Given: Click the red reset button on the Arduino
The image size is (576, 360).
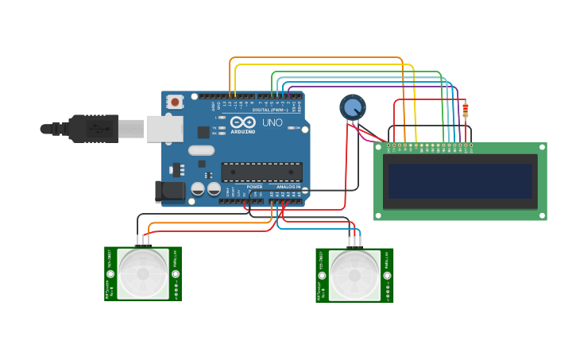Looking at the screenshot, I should click(x=174, y=102).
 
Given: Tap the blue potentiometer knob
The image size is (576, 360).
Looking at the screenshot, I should click(x=353, y=106).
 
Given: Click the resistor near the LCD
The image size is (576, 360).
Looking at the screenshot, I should click(x=465, y=110).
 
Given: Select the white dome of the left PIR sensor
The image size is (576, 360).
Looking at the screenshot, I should click(x=143, y=274).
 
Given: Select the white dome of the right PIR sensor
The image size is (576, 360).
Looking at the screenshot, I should click(x=354, y=275).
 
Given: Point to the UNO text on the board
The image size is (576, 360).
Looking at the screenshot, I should click(x=272, y=123).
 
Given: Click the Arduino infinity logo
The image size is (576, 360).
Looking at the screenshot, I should click(x=244, y=122).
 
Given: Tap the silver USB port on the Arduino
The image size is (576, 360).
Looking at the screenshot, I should click(x=164, y=129).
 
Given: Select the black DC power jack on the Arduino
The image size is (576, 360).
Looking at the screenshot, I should click(x=170, y=191).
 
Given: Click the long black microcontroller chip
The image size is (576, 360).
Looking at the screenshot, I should click(x=261, y=172).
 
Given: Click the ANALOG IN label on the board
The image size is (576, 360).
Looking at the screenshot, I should click(x=288, y=187).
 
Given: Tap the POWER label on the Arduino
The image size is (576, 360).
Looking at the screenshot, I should click(x=254, y=187).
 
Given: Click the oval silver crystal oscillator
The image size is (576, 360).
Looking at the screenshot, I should click(x=202, y=150).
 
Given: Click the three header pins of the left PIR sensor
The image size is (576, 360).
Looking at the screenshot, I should click(x=143, y=240).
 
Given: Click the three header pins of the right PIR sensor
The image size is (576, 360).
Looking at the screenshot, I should click(x=354, y=241).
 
